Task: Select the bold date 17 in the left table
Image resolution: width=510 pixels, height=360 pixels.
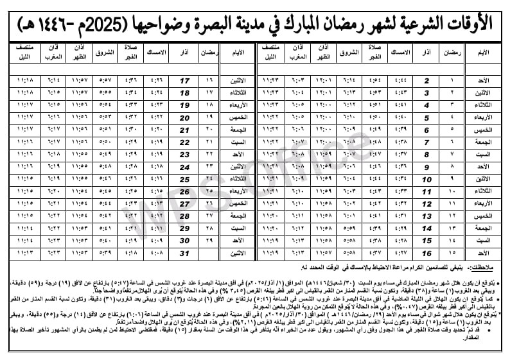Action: click(185, 81)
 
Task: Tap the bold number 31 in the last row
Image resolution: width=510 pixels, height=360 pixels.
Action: click(185, 253)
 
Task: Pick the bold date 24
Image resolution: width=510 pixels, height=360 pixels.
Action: click(185, 167)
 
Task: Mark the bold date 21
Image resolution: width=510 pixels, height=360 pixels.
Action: click(185, 130)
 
